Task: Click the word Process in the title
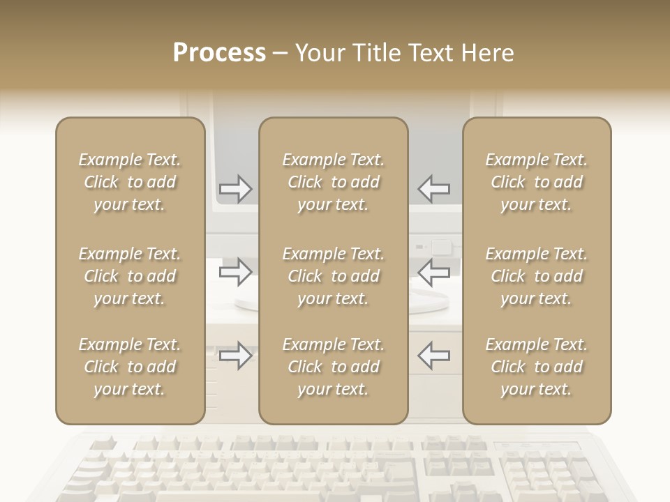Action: pos(219,53)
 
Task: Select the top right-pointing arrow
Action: pos(236,188)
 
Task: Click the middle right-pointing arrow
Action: pos(236,272)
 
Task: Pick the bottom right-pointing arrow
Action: pos(236,356)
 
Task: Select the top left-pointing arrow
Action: pos(433,188)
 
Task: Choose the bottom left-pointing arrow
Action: pos(433,356)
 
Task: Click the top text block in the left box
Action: pos(130,182)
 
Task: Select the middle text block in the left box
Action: pos(130,276)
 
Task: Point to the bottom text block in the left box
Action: pos(130,367)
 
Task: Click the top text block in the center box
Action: pos(333,182)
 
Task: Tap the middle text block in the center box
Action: pos(333,276)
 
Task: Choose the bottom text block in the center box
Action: pos(333,367)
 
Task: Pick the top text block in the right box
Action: pos(536,182)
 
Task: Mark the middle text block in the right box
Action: pos(536,276)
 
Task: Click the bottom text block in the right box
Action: pos(536,367)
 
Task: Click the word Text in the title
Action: pos(431,53)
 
